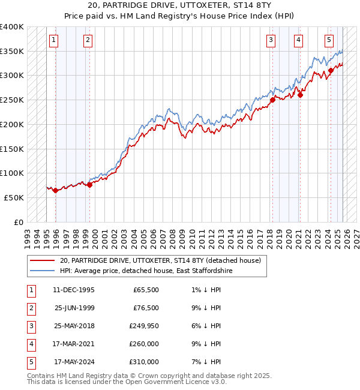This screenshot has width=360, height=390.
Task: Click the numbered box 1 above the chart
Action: pyautogui.click(x=53, y=40)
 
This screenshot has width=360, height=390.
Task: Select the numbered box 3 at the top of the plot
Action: pyautogui.click(x=271, y=40)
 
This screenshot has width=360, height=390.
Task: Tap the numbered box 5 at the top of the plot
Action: pyautogui.click(x=329, y=40)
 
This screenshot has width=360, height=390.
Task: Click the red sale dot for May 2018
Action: pyautogui.click(x=272, y=100)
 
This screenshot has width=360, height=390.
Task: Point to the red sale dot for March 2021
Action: pyautogui.click(x=301, y=94)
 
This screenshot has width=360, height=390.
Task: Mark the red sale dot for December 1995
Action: pyautogui.click(x=56, y=190)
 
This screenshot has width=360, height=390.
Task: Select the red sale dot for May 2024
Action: pyautogui.click(x=331, y=71)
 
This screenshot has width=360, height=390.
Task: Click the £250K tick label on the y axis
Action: pyautogui.click(x=11, y=100)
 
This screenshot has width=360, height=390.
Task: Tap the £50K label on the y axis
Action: pyautogui.click(x=14, y=197)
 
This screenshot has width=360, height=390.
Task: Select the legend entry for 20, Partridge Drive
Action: pyautogui.click(x=160, y=260)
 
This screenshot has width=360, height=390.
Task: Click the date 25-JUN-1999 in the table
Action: pyautogui.click(x=74, y=308)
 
